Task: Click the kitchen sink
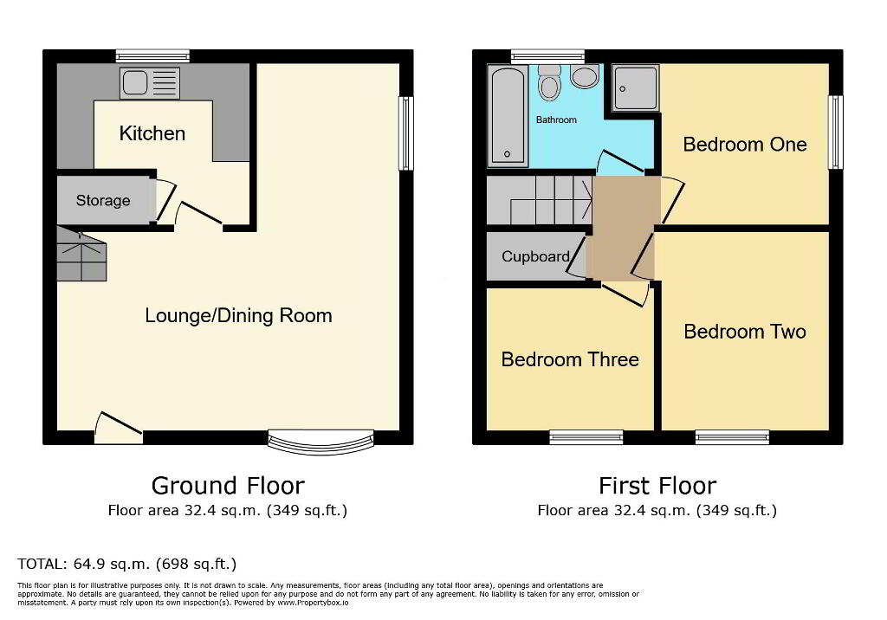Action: (149, 83)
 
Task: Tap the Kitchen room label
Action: (152, 133)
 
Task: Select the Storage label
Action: (103, 200)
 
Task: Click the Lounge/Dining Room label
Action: (238, 315)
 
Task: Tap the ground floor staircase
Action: (81, 254)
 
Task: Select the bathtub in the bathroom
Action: (508, 116)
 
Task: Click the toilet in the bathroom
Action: (548, 83)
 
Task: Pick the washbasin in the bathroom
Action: (585, 76)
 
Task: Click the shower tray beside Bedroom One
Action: (636, 87)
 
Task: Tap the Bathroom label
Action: (556, 119)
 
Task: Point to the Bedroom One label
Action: (744, 145)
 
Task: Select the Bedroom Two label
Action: (744, 332)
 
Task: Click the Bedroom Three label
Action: (570, 359)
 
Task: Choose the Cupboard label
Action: (535, 256)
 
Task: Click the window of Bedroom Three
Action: (586, 437)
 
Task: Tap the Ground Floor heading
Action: (228, 486)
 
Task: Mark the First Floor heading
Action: (657, 486)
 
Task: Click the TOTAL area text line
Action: (126, 564)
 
